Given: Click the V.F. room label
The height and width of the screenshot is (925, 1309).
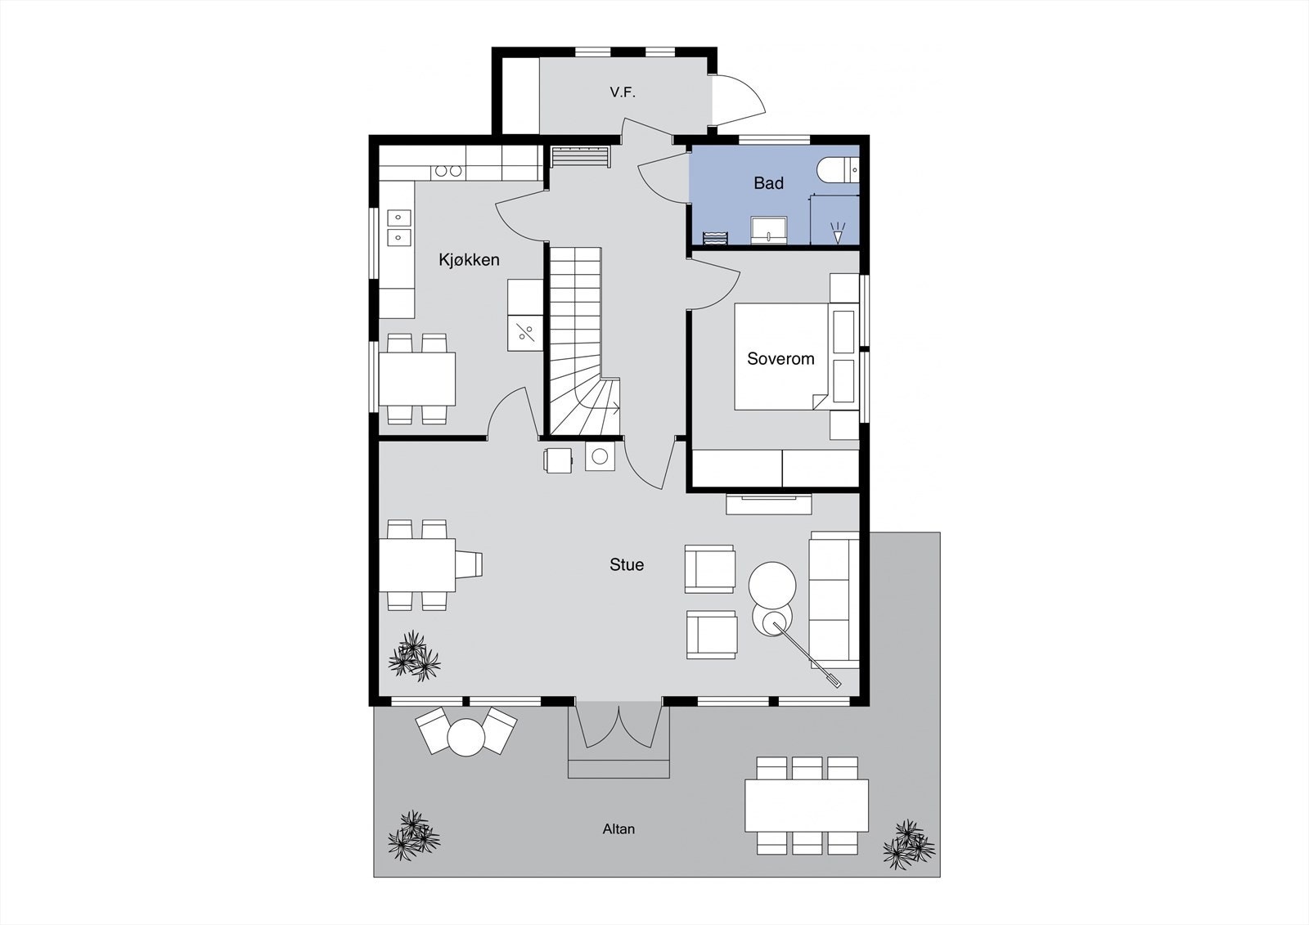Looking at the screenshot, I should coord(622,92).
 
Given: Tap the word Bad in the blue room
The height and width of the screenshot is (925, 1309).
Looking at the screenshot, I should coord(768,183).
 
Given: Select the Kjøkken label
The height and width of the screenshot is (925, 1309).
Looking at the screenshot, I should coord(469,260).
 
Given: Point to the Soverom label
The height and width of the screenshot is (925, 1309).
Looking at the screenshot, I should coord(780,358).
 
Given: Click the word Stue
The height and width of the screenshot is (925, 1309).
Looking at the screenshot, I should coord(627,564).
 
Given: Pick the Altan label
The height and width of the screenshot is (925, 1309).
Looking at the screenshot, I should coord(619,828).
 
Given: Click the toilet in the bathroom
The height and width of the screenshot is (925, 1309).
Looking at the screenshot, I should coord(836,170).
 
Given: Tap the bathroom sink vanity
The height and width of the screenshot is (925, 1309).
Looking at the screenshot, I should coord(769,231).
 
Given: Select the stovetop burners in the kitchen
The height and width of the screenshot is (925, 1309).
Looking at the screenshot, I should coord(448,171).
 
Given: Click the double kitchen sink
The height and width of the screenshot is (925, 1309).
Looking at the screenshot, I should coord(398,227).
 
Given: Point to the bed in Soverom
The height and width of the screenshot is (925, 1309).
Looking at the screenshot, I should coord(781,357).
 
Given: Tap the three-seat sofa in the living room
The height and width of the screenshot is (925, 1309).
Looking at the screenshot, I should coord(834,599).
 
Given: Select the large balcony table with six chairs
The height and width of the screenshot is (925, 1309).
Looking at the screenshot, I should coord(807,806).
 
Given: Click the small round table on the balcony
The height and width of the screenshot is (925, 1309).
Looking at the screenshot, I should coord(466,736).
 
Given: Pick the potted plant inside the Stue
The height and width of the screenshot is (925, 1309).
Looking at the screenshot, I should coord(414,656).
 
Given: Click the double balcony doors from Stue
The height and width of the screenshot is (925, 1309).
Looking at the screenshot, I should coord(620,725).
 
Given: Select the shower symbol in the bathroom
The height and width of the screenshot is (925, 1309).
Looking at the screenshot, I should coord(836,231).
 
